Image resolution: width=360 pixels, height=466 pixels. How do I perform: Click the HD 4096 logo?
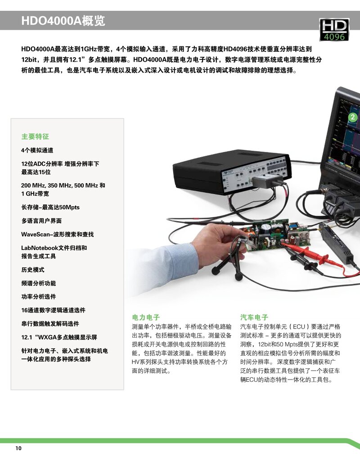(334, 29)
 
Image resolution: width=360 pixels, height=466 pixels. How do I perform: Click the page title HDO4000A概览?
(63, 21)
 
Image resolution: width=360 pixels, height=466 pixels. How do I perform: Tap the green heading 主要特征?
(35, 136)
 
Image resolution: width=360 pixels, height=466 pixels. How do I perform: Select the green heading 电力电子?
(146, 317)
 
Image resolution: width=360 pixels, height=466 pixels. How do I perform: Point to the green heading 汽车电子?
(254, 317)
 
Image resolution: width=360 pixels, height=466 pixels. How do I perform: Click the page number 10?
(18, 448)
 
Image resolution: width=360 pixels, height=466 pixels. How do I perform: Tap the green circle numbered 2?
(352, 117)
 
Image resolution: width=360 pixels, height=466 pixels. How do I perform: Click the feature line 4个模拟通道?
(37, 150)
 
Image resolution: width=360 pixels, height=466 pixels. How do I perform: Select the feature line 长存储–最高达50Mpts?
(50, 207)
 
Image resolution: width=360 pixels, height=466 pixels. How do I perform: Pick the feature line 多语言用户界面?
(41, 221)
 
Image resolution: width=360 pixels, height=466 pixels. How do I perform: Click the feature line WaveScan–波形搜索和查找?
(57, 234)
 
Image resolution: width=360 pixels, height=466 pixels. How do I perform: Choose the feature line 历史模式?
(33, 270)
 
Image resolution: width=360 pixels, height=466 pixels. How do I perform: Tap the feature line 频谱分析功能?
(39, 283)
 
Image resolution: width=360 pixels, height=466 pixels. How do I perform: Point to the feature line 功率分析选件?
(39, 297)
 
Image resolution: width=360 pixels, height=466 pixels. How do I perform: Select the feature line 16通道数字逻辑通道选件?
(53, 310)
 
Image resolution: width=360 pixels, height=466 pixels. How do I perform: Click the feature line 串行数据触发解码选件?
(50, 324)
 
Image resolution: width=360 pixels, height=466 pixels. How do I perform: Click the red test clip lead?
(315, 256)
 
